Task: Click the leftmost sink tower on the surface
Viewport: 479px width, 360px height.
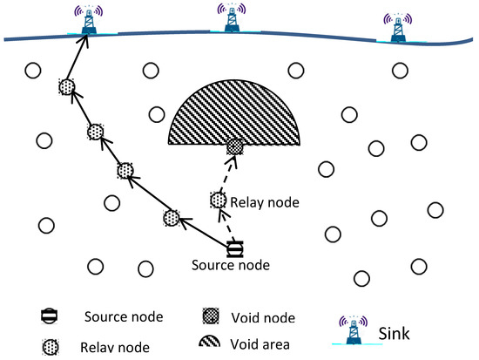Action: [89, 21]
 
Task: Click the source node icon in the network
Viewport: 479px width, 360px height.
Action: [234, 248]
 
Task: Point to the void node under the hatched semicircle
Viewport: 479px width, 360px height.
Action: [234, 147]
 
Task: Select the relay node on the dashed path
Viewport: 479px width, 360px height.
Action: [218, 200]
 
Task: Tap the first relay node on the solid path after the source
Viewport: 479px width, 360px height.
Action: [172, 217]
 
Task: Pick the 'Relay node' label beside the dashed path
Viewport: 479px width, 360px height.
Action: [266, 203]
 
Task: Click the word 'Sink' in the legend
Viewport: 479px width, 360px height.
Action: [395, 331]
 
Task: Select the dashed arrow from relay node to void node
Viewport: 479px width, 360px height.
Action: [226, 174]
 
